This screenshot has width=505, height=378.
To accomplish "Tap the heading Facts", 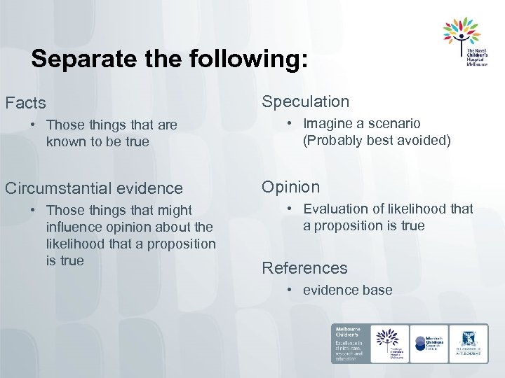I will pyautogui.click(x=26, y=104).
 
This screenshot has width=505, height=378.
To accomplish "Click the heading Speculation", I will pyautogui.click(x=305, y=101).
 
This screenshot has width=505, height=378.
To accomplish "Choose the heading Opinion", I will pyautogui.click(x=290, y=187).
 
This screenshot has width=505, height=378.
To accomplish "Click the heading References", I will pyautogui.click(x=304, y=268).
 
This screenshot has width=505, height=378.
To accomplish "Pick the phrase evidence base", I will pyautogui.click(x=348, y=290).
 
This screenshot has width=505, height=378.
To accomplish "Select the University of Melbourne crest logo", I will pyautogui.click(x=469, y=344).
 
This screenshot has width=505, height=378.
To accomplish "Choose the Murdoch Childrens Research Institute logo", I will pyautogui.click(x=429, y=344).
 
